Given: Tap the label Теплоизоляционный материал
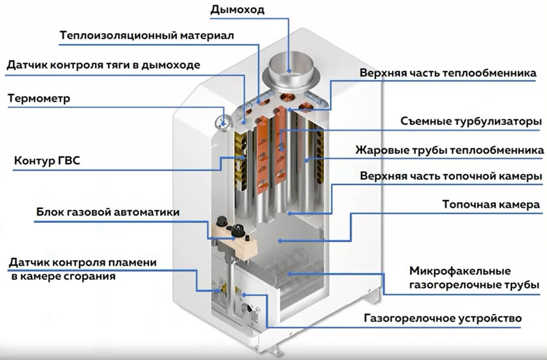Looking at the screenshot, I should (x=147, y=37).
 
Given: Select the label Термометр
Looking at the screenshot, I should (x=39, y=98).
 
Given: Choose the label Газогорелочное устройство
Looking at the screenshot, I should (x=442, y=319).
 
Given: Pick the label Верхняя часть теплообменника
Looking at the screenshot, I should (x=448, y=73).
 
